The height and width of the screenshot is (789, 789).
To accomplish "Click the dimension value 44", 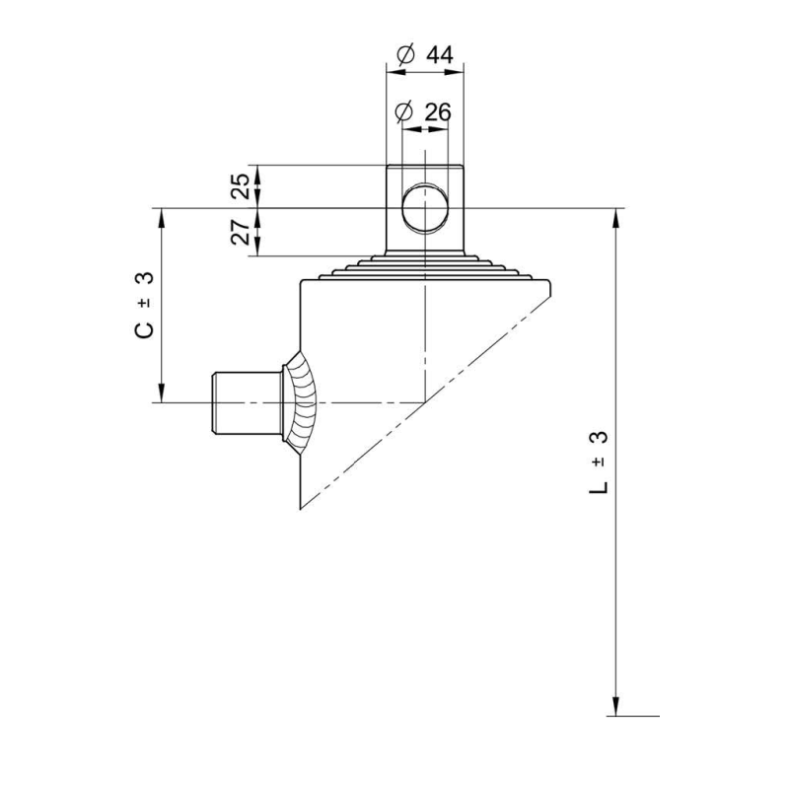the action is [x=440, y=55].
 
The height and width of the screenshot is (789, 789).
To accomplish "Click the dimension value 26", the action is [x=438, y=112].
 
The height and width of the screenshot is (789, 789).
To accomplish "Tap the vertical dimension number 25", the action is [x=241, y=186].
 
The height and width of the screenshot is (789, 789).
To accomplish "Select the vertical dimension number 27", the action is [x=241, y=232].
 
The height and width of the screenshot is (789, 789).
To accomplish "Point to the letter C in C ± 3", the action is [x=144, y=329].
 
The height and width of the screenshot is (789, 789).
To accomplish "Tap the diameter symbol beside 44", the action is [x=405, y=54].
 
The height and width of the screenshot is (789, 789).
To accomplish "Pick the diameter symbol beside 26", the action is [x=404, y=112].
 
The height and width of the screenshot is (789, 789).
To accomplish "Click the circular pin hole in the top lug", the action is [x=425, y=208].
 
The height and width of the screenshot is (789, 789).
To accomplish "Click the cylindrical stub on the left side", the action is [x=247, y=403].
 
